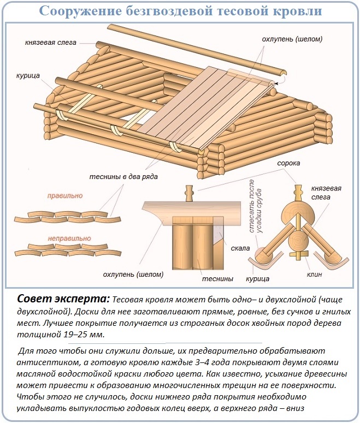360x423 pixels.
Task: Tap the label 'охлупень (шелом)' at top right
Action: [291, 39]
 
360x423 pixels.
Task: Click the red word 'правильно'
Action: [64, 195]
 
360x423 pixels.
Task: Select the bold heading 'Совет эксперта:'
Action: [63, 299]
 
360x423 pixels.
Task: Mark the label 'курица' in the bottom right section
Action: [258, 278]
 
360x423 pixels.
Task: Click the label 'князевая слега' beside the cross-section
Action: [326, 192]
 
